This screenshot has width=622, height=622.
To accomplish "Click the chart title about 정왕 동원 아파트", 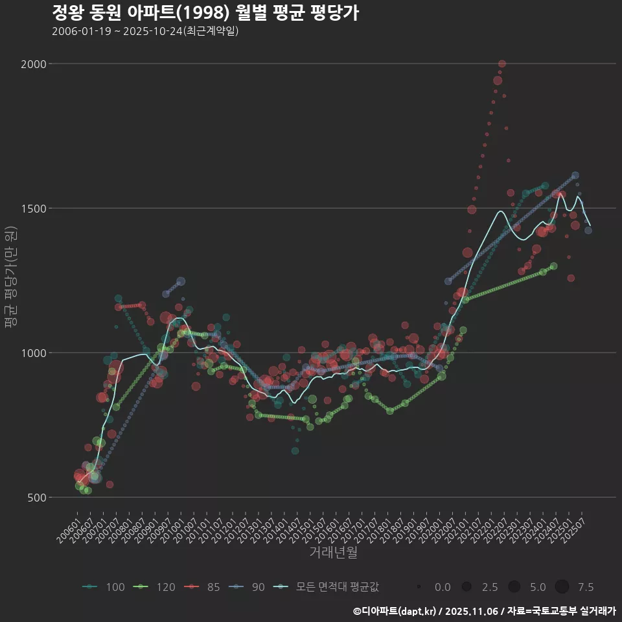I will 205,14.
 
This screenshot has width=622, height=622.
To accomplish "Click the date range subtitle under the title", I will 145,31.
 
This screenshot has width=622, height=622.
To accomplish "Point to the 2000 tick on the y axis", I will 35,63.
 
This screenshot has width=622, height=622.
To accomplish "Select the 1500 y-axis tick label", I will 35,208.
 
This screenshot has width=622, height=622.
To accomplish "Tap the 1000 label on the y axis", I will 35,353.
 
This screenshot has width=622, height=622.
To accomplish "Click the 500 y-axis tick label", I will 38,498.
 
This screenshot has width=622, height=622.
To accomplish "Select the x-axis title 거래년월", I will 333,553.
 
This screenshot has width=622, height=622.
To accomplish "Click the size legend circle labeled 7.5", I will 562,587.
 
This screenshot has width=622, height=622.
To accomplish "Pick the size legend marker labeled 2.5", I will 466,587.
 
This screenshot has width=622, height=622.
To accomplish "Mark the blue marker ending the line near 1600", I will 575,176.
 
